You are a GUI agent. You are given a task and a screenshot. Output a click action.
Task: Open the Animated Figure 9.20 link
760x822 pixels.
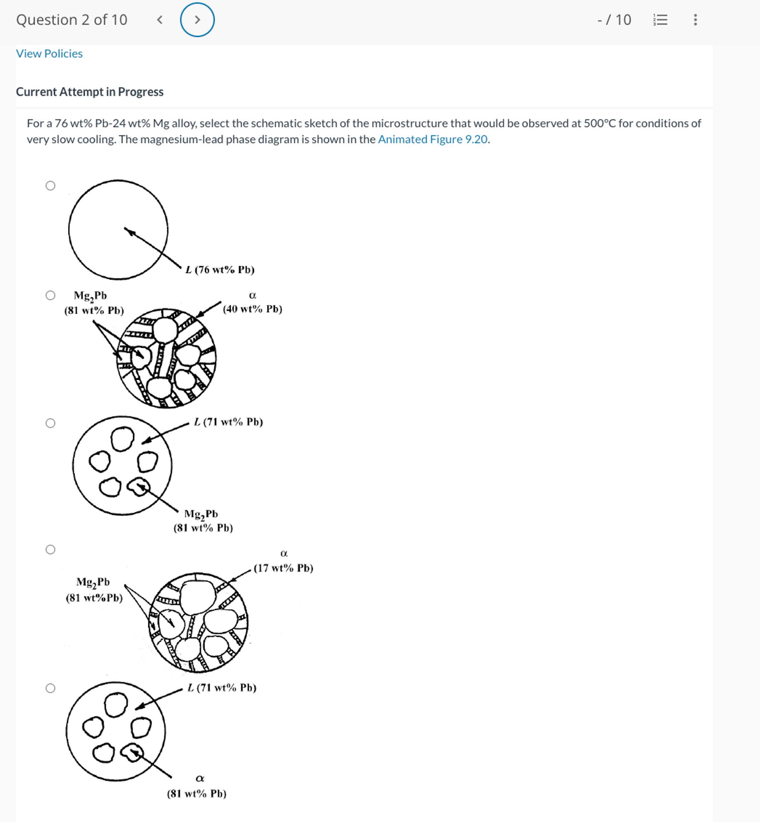click(433, 139)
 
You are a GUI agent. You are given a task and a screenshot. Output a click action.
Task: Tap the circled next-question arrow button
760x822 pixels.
click(197, 20)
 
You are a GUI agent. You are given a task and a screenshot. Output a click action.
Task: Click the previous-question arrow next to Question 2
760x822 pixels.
click(160, 20)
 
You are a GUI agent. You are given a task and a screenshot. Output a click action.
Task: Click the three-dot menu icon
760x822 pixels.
click(695, 20)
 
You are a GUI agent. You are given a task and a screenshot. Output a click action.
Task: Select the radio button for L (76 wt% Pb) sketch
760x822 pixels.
click(50, 186)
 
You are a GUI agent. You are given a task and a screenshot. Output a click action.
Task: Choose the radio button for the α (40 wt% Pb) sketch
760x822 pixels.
click(50, 295)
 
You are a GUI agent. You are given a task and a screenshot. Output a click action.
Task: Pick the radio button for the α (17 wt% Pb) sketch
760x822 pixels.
click(50, 549)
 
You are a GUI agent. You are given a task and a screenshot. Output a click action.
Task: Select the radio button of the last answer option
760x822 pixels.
click(50, 688)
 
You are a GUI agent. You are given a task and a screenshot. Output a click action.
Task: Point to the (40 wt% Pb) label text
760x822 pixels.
click(252, 309)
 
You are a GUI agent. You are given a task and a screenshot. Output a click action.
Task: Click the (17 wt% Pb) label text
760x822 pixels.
click(283, 568)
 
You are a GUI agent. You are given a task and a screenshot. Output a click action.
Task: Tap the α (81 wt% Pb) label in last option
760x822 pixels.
click(197, 793)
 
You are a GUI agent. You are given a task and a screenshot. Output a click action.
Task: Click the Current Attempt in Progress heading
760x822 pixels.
click(90, 92)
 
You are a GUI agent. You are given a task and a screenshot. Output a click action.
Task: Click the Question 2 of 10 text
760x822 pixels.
click(72, 20)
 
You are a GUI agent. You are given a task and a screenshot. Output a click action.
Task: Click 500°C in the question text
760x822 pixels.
click(599, 123)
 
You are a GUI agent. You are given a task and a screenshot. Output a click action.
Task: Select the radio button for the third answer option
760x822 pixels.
click(50, 423)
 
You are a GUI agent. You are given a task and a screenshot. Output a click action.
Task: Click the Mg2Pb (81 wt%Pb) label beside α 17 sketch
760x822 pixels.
click(94, 590)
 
